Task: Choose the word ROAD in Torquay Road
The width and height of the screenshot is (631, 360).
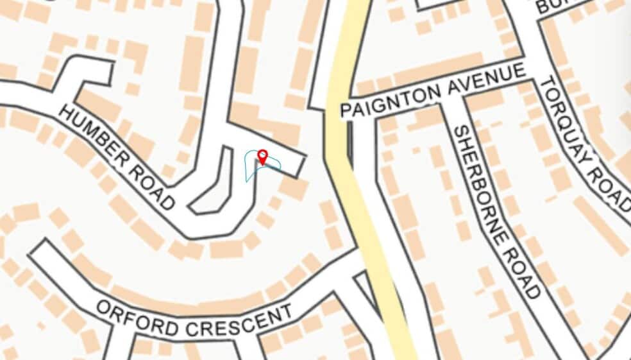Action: [615, 186]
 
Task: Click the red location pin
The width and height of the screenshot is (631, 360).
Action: [262, 156]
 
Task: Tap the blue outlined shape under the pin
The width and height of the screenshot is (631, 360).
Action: [255, 171]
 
